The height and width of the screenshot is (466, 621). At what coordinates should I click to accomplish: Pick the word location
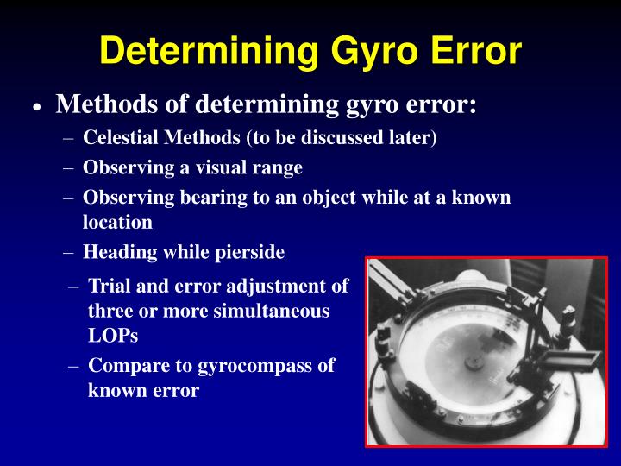pos(117,222)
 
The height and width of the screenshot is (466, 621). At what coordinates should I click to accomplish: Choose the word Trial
pos(110,286)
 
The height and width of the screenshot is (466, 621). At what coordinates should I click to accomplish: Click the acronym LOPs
pos(113,335)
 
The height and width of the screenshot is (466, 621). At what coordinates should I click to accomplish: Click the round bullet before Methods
pos(36,107)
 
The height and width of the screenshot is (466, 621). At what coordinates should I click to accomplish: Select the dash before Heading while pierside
pos(69,252)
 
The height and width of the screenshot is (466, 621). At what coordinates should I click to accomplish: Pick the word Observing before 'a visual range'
pos(122,167)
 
